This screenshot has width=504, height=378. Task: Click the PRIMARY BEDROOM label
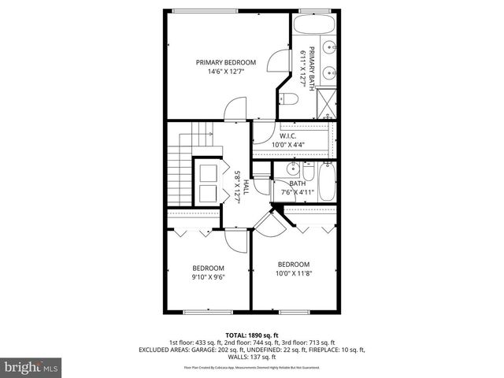click(226, 62)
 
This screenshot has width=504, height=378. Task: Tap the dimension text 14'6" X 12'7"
click(226, 72)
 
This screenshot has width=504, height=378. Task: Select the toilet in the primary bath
click(287, 99)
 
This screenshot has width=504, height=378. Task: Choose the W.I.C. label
click(287, 135)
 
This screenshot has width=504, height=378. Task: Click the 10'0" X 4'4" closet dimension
click(287, 145)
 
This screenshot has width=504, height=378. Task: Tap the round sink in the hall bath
click(293, 169)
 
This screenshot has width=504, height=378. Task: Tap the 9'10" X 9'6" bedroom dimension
click(208, 277)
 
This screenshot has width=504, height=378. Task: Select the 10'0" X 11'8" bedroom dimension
click(293, 274)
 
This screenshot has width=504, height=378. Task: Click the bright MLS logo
click(31, 367)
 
